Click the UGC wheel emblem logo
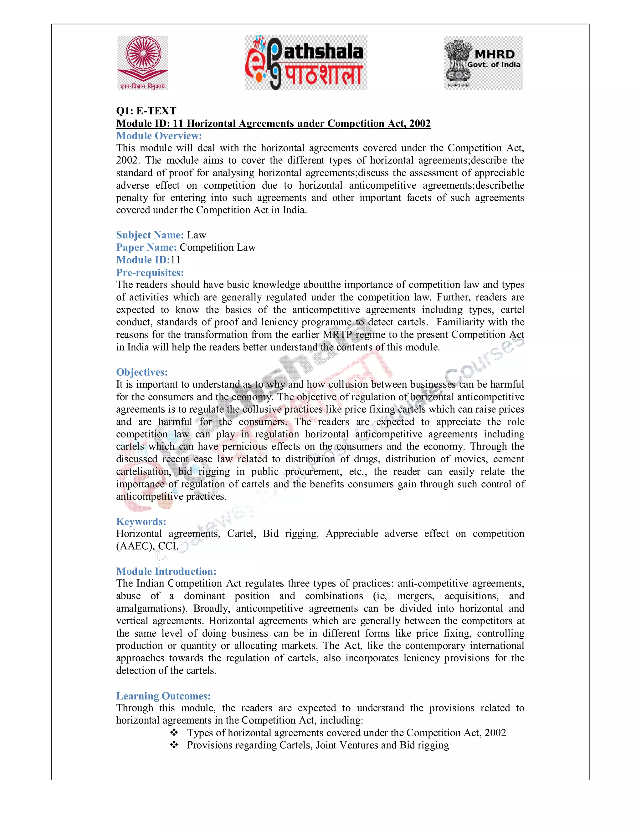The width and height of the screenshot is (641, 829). tap(143, 63)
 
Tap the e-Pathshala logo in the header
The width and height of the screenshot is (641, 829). tap(306, 63)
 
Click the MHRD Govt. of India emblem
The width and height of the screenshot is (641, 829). tap(483, 63)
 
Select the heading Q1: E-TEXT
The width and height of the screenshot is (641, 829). tap(146, 111)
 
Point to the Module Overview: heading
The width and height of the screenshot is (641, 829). tap(159, 135)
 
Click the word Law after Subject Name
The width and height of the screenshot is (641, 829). tap(196, 235)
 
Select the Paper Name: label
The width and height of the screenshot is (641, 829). tap(146, 247)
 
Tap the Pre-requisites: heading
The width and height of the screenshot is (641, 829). tap(150, 272)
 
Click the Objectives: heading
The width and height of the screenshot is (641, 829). tap(142, 372)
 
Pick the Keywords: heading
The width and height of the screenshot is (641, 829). tap(141, 521)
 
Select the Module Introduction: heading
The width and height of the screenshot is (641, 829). tap(166, 571)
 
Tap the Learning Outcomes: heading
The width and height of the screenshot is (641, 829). tap(163, 696)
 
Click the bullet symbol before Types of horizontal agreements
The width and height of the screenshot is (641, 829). tap(174, 733)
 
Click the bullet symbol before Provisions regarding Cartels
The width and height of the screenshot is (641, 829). tap(174, 745)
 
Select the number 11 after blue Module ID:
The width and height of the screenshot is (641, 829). tap(176, 260)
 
